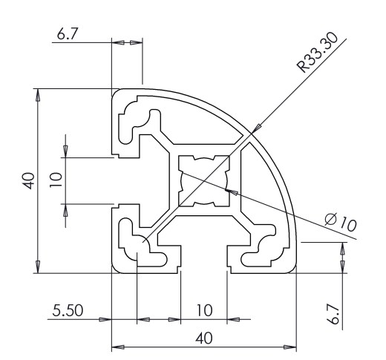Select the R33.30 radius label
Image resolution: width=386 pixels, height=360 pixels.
coord(318,53)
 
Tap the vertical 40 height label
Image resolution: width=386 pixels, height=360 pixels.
coord(29,181)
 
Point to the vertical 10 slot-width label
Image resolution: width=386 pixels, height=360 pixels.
coord(56,180)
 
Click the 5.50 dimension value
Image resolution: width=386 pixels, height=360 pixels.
coord(68,310)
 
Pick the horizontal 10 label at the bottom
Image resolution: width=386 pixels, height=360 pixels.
coord(205,310)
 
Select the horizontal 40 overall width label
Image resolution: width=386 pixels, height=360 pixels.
coord(204,338)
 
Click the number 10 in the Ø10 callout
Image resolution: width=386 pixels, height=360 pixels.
coord(348,224)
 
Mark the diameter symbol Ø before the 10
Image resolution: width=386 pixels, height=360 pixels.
coord(331,218)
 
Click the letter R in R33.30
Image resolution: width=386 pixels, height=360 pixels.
coord(302,67)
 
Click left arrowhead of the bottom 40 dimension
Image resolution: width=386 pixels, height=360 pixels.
coord(118,347)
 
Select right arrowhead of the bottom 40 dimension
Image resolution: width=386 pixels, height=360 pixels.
coord(290,347)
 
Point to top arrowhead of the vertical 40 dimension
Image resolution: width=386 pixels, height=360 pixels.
coord(38,95)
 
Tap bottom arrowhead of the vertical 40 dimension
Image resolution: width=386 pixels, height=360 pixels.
coord(38,266)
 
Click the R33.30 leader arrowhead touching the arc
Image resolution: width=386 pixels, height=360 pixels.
coord(257,128)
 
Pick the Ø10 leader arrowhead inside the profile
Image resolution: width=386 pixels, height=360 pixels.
coord(231,192)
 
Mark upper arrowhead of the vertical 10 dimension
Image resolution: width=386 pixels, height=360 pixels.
coord(65,151)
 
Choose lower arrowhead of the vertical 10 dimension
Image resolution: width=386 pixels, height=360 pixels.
coord(65,210)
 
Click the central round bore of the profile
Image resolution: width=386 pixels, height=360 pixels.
coord(204,180)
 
